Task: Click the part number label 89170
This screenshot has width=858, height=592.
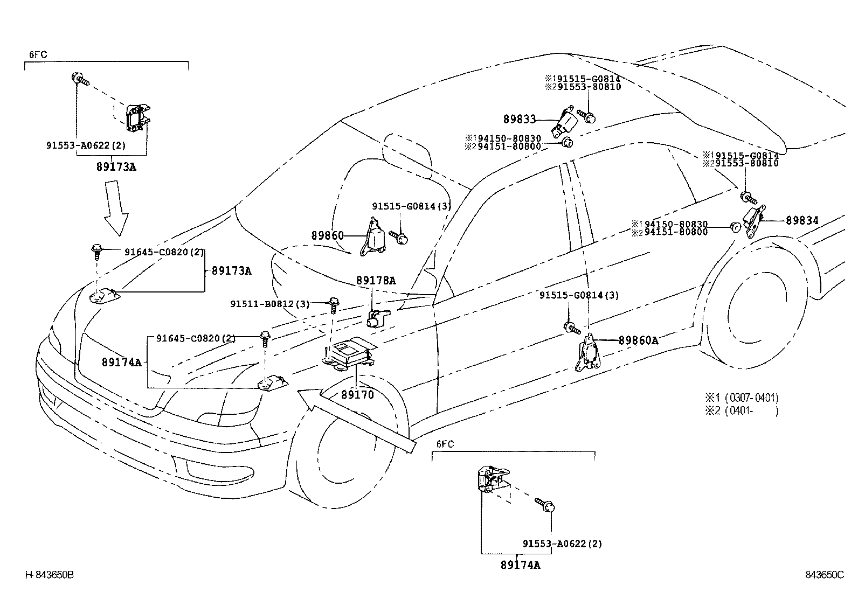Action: (x=357, y=394)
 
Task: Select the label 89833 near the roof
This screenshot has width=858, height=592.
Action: (x=520, y=119)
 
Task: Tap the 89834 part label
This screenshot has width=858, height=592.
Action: (x=802, y=220)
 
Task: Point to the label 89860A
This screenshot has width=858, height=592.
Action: (x=639, y=340)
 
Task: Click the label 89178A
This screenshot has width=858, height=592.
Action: (x=376, y=280)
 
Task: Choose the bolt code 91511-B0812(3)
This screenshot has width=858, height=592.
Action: (x=269, y=304)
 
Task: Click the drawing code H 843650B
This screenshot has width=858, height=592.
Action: (x=50, y=575)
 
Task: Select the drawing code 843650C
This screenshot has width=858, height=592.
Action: (x=824, y=575)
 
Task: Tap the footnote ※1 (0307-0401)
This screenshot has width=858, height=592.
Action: (x=742, y=398)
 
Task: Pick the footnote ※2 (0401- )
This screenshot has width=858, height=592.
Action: (x=742, y=411)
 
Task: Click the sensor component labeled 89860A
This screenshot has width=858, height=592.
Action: (x=588, y=353)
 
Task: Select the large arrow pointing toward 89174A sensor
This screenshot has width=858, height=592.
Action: (x=356, y=421)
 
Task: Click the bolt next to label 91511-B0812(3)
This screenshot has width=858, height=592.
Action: (x=334, y=305)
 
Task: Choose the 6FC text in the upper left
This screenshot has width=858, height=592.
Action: (x=38, y=54)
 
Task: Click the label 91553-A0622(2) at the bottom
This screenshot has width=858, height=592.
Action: (x=562, y=544)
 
